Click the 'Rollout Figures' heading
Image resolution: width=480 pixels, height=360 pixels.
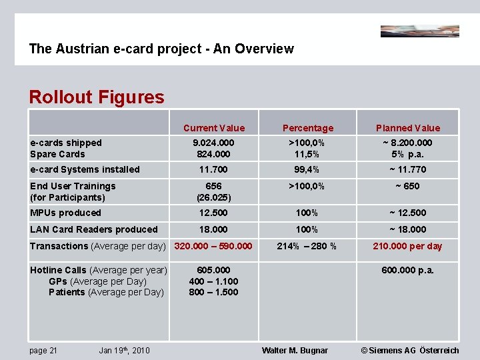pos(96,97)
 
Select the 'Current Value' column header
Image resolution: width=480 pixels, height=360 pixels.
pos(214,128)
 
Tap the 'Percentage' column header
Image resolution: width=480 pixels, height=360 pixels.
pos(308,128)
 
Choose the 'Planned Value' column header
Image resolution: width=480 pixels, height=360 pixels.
pos(408,128)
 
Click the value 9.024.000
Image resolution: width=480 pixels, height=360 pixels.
pos(214,143)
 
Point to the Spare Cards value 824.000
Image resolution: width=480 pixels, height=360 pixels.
pos(214,154)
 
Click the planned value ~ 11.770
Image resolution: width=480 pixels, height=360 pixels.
pos(408,169)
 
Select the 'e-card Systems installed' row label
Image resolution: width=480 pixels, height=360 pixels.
pos(85,169)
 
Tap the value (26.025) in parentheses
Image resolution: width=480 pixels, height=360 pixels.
pos(214,197)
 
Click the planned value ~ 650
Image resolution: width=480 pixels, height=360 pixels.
pos(408,186)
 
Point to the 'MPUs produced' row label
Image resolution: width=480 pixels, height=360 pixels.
pos(66,213)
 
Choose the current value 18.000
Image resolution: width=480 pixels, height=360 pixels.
pos(214,229)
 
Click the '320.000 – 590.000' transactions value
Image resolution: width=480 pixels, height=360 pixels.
pos(213,246)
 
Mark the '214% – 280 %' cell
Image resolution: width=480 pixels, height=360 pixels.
pos(307,246)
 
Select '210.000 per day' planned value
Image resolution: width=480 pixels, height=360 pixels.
pos(408,246)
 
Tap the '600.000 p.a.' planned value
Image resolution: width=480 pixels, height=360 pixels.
pos(408,269)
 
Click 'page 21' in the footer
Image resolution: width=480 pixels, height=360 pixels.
pos(44,351)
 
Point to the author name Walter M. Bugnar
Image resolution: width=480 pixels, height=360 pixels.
pos(295,351)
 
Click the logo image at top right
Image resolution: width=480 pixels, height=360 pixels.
pos(419,31)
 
